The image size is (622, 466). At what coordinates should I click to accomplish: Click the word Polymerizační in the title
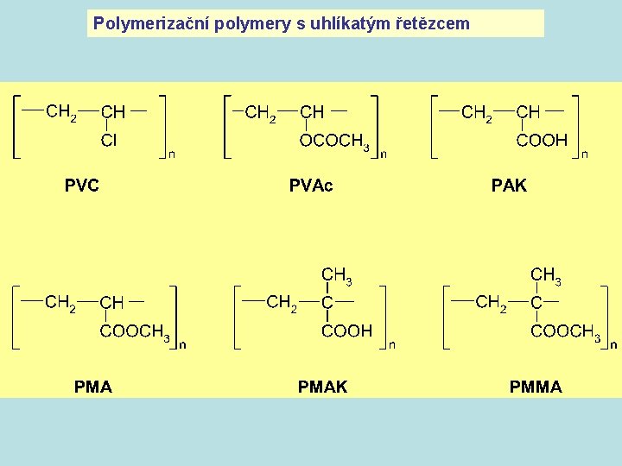point(137,23)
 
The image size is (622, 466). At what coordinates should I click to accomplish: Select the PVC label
point(81,185)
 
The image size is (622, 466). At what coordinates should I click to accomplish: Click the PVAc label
point(311,185)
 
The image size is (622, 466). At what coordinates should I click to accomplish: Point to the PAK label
point(509,185)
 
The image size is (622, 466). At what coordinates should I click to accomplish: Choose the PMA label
point(93,387)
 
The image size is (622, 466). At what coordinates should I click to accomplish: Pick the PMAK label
point(322,387)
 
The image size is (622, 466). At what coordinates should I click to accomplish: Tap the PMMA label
point(536,387)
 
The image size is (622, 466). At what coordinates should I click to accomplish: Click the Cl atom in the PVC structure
point(109,140)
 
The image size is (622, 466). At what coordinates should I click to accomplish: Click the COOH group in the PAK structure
point(542,140)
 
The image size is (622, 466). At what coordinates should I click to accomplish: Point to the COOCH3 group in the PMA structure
point(134,331)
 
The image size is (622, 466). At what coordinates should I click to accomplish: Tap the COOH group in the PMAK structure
point(346,331)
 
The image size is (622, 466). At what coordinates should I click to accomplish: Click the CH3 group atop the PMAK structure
point(336,275)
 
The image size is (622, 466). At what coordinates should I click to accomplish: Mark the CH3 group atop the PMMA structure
point(545,275)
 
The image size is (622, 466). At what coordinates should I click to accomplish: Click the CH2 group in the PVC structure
point(61,112)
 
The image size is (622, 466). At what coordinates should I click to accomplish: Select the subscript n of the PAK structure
point(585,154)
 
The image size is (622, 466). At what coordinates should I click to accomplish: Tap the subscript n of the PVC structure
point(171,154)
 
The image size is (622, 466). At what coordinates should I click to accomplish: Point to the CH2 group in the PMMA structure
point(492,303)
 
